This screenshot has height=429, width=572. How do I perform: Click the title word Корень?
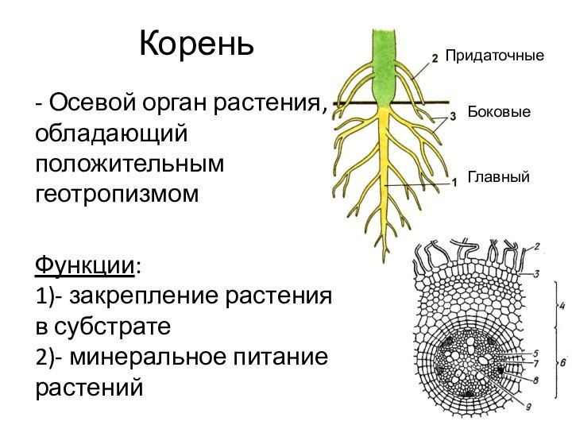coord(197,44)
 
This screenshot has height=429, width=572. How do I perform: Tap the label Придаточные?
coord(494,56)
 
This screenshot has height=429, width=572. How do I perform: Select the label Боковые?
coord(498,114)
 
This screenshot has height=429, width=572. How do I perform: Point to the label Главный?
coord(498,177)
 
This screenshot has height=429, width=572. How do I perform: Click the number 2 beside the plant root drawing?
coord(435,57)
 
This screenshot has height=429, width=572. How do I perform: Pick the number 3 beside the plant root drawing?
coord(453,116)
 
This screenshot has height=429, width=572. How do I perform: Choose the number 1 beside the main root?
coord(454,182)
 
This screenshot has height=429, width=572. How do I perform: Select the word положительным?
coord(129,164)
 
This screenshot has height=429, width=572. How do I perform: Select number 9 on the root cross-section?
coord(528,406)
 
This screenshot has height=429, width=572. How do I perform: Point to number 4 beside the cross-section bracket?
coord(562,304)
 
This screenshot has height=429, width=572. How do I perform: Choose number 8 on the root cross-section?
coord(535,380)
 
